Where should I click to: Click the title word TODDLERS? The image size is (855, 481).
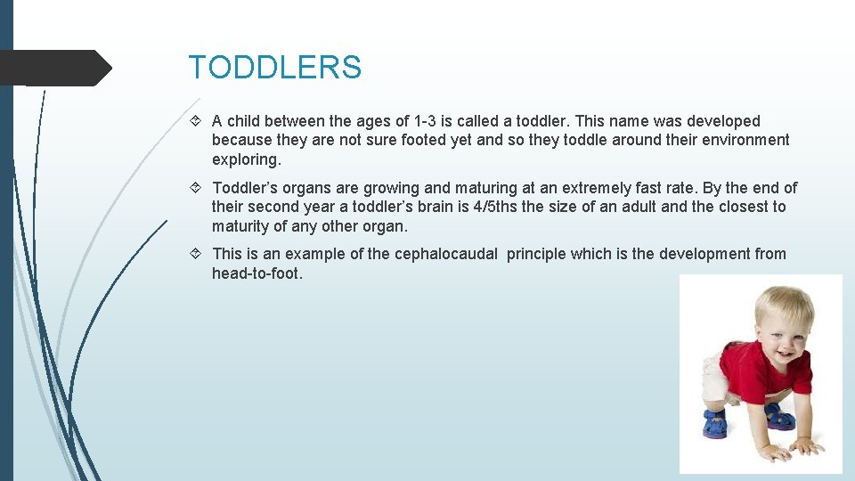coord(274,68)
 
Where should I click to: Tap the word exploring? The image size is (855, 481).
coord(246,160)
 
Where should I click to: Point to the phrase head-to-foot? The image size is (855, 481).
coord(257,273)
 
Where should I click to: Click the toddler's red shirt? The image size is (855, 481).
coord(766,370)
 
